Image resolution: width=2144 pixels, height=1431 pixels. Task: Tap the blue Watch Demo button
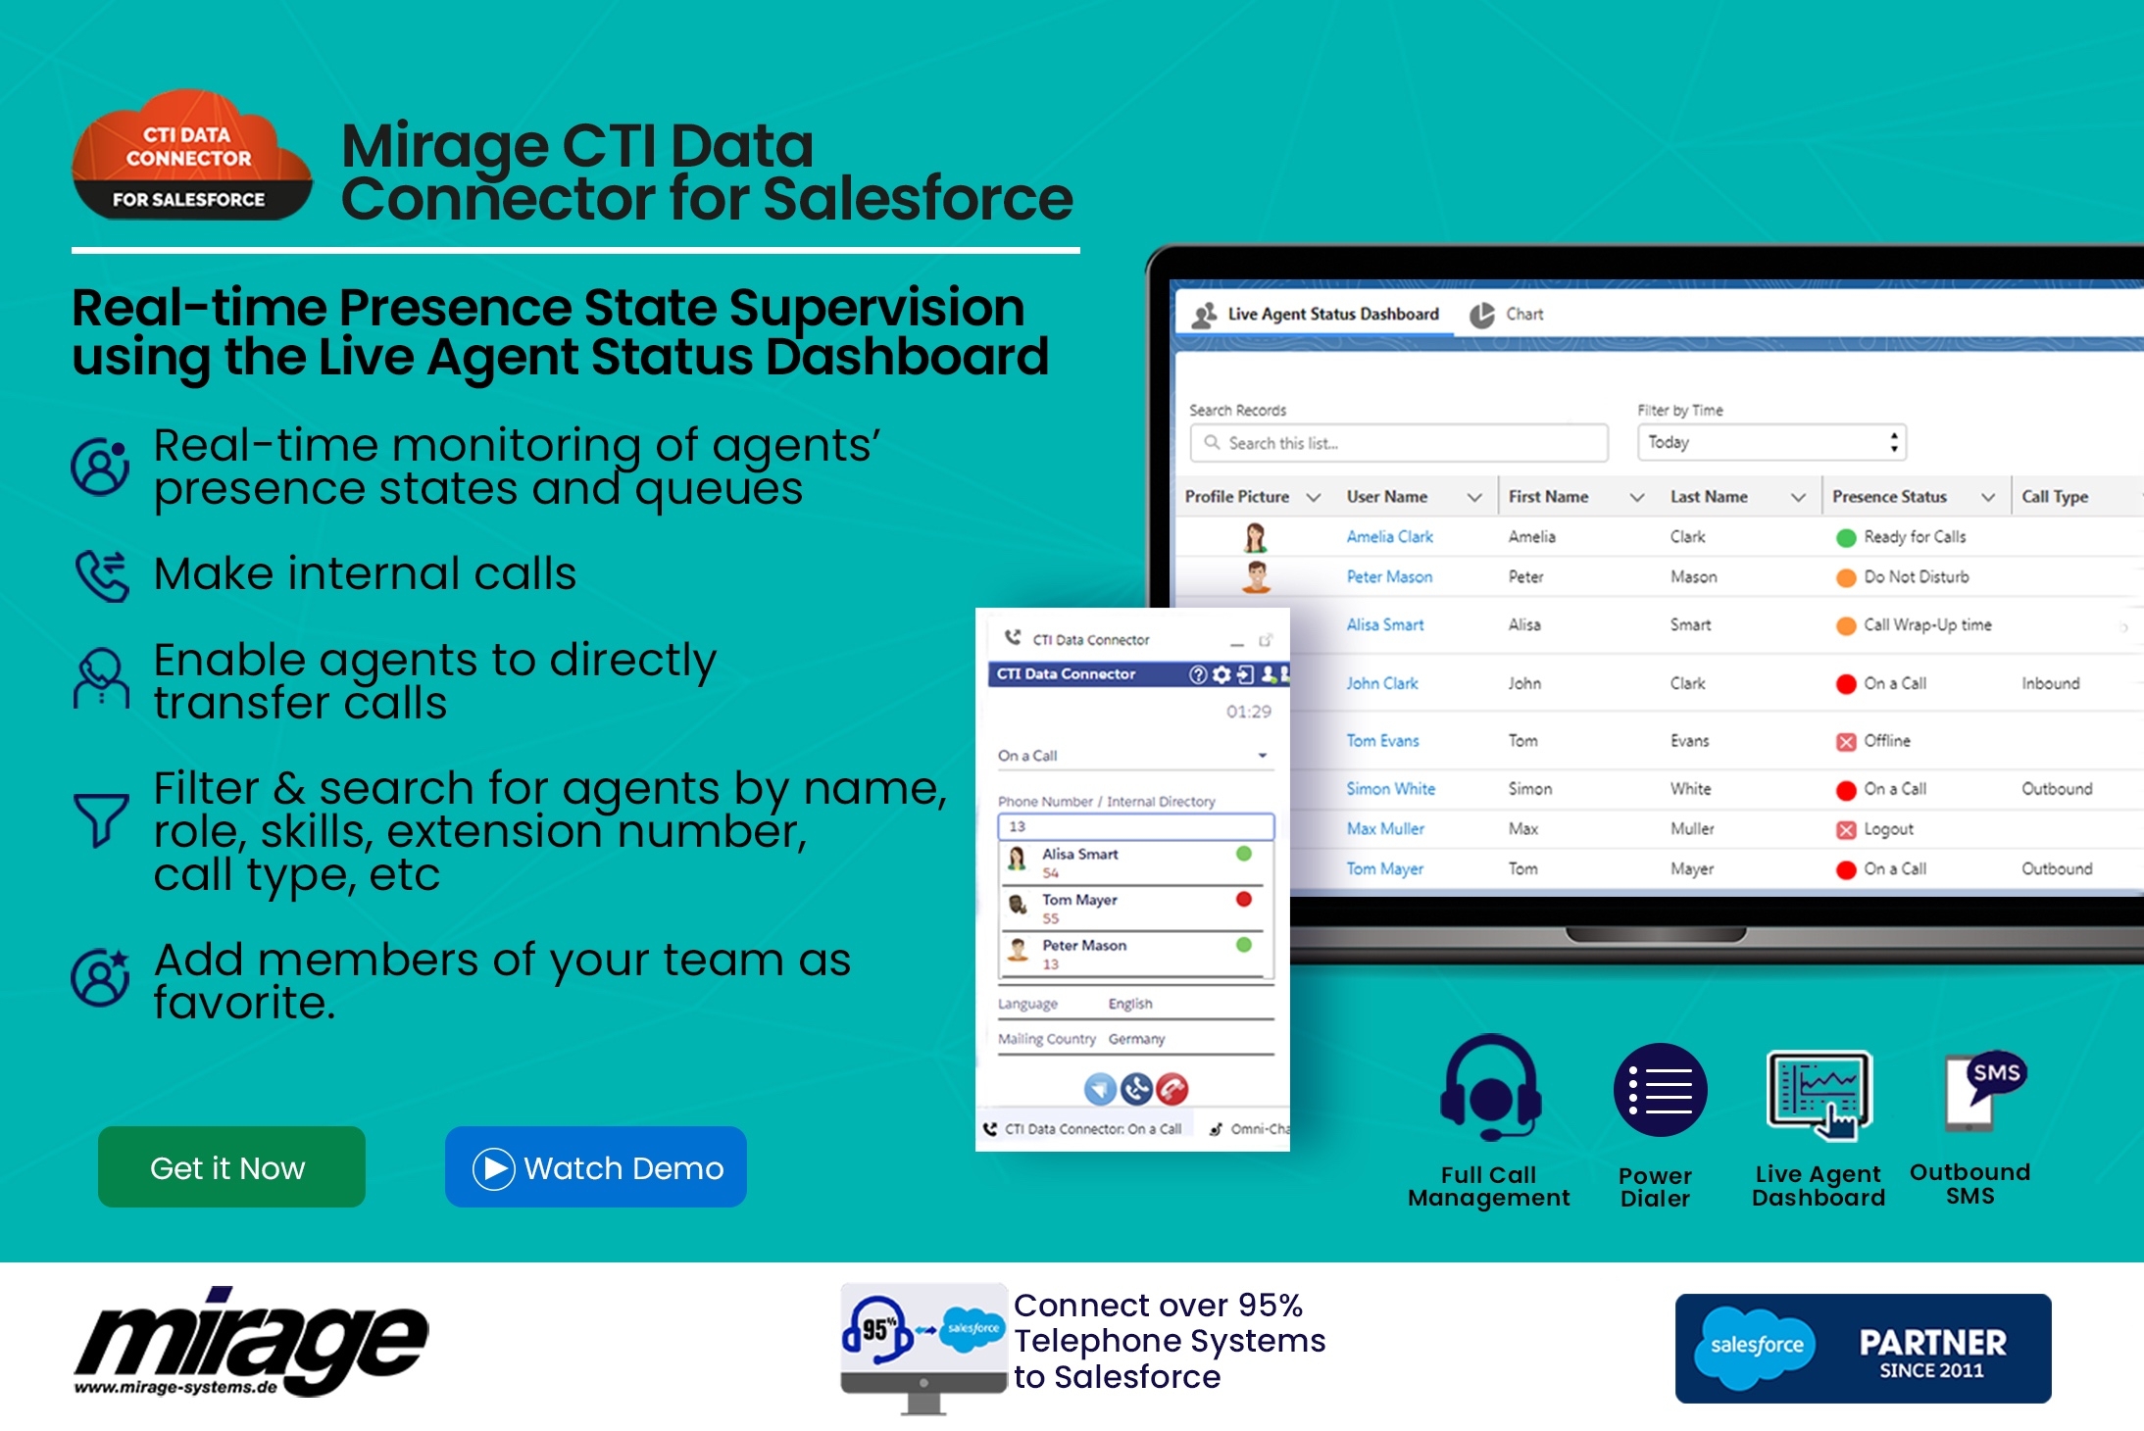pos(596,1166)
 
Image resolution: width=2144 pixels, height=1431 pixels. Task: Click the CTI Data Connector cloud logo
pos(191,155)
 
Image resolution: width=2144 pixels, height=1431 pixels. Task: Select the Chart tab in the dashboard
pos(1507,315)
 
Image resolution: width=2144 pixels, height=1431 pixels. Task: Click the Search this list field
pos(1399,443)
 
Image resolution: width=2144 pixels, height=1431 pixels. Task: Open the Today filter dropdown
pos(1771,442)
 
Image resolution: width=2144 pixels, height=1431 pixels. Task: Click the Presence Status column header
pos(1889,497)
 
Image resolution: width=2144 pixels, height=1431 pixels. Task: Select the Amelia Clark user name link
pos(1389,537)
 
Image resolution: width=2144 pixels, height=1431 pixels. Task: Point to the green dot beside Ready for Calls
pos(1846,538)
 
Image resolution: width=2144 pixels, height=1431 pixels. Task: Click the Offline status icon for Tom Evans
pos(1846,742)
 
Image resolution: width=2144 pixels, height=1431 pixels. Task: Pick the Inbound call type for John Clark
pos(2050,683)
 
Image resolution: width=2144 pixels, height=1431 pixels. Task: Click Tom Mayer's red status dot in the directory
pos(1244,899)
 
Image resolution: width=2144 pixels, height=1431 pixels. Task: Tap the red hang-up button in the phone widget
pos(1172,1089)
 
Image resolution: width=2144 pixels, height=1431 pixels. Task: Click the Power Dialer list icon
pos(1660,1090)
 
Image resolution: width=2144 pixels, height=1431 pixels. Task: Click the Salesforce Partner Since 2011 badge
pos(1863,1348)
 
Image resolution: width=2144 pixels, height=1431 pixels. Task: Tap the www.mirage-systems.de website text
pos(175,1387)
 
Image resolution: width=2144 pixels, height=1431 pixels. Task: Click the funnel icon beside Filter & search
pos(100,818)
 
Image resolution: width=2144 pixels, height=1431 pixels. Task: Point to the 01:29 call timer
pos(1248,712)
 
